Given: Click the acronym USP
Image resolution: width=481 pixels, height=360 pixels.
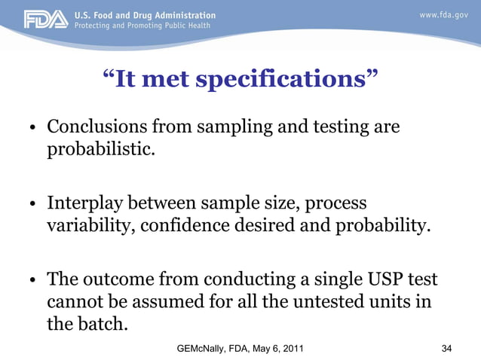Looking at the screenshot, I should click(381, 280).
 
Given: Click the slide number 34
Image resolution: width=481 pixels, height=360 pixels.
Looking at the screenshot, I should click(446, 348).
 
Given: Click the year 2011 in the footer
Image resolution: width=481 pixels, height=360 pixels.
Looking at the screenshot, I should click(290, 348).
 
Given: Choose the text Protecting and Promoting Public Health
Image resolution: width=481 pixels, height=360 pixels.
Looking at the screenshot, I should click(142, 26).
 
